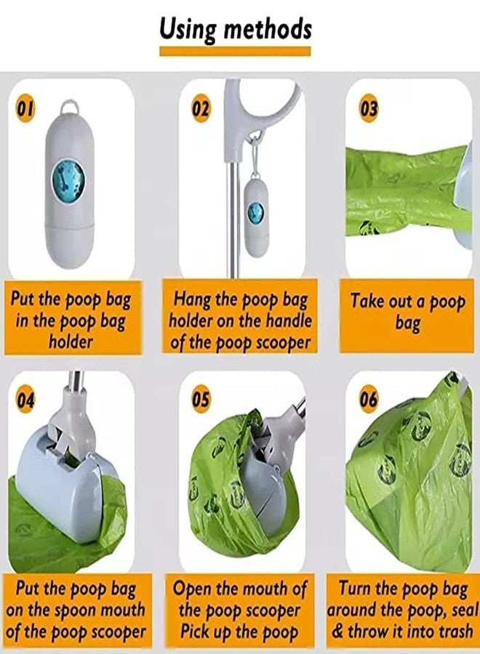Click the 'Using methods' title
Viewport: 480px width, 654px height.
[236, 30]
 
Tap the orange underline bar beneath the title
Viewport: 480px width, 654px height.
[236, 51]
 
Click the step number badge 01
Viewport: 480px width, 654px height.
[26, 109]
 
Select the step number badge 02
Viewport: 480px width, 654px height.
[201, 109]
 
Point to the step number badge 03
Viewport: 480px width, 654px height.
[369, 109]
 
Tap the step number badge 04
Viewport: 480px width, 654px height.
[26, 399]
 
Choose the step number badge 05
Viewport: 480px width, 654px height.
[201, 399]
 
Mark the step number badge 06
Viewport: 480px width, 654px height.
[369, 399]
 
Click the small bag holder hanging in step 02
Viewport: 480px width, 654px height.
[255, 218]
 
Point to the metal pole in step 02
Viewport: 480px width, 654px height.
[233, 218]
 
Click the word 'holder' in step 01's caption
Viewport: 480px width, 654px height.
[71, 341]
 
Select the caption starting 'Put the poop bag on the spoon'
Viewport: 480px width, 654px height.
[76, 610]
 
